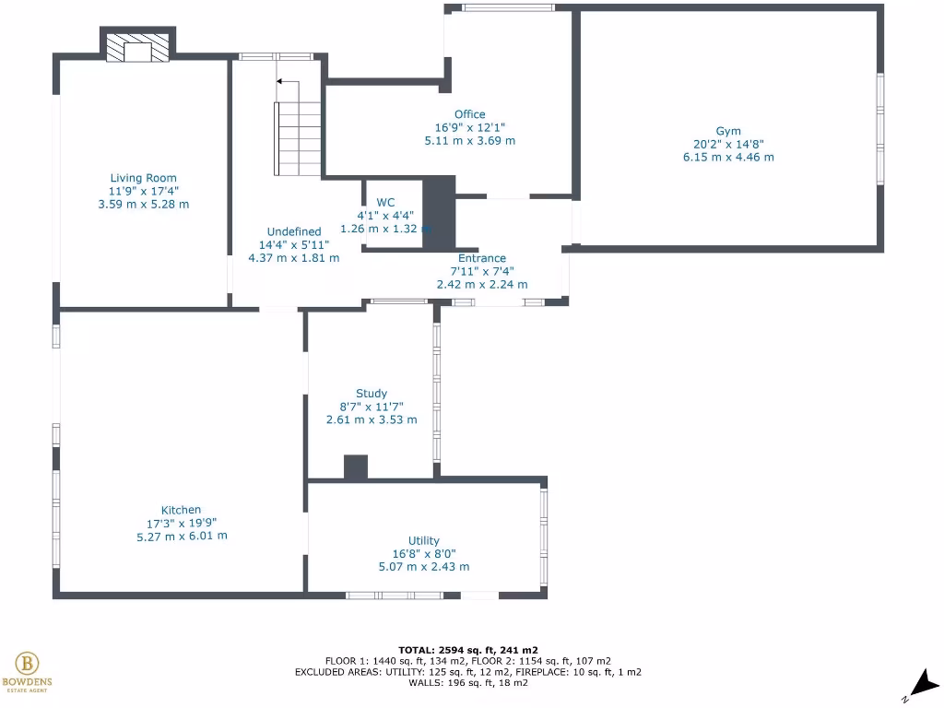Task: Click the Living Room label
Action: coord(143,178)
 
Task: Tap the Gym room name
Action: coord(727,131)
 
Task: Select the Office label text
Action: coord(469,114)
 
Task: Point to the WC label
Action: coord(385,202)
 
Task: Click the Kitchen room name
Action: coord(181,510)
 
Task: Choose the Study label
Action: coord(372,393)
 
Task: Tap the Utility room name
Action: coord(423,540)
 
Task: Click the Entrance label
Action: coord(482,258)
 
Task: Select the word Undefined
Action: coord(294,231)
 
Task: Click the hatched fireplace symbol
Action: coord(137,49)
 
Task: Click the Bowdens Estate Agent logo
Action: coord(27,669)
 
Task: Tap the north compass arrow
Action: coord(923,683)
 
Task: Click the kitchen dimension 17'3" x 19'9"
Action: coord(181,523)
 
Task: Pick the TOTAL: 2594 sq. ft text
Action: coord(468,649)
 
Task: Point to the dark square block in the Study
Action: coord(356,467)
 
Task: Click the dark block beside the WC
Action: coord(440,212)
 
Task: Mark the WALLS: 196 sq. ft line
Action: coord(468,683)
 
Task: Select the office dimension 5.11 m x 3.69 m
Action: coord(469,141)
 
